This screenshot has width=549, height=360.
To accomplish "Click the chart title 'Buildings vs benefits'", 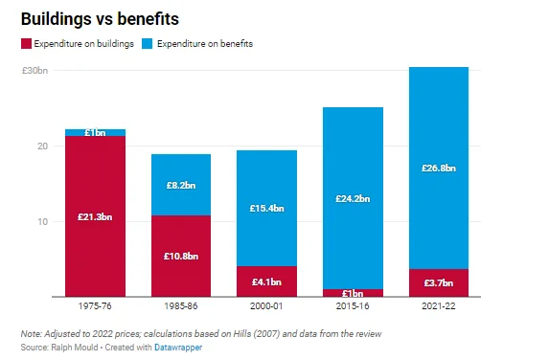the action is pyautogui.click(x=100, y=19).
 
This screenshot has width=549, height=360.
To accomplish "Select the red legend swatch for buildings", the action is pyautogui.click(x=26, y=44).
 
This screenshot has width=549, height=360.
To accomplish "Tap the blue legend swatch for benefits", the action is pyautogui.click(x=147, y=44).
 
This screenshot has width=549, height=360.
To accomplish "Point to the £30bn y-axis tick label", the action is pyautogui.click(x=34, y=71).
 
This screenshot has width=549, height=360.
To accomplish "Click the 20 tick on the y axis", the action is pyautogui.click(x=42, y=146).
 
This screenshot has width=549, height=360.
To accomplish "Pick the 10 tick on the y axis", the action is pyautogui.click(x=42, y=222).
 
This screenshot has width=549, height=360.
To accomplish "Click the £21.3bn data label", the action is pyautogui.click(x=95, y=217).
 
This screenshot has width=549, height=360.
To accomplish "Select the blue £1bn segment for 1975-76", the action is pyautogui.click(x=95, y=132).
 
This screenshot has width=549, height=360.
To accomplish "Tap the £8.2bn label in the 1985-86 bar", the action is pyautogui.click(x=181, y=185).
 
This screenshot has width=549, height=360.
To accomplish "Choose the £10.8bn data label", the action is pyautogui.click(x=181, y=256).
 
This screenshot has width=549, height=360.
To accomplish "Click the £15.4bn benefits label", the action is pyautogui.click(x=266, y=208).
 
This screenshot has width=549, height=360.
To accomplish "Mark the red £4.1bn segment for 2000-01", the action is pyautogui.click(x=266, y=281).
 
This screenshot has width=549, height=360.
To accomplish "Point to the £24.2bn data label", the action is pyautogui.click(x=353, y=199).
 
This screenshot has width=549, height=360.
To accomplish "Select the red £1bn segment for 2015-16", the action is pyautogui.click(x=353, y=293).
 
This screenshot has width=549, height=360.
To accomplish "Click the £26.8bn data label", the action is pyautogui.click(x=439, y=169).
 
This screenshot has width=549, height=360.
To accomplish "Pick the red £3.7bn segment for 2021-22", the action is pyautogui.click(x=439, y=283).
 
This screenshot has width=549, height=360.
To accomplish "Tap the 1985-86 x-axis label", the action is pyautogui.click(x=181, y=306).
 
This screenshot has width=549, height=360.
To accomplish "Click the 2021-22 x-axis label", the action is pyautogui.click(x=439, y=306).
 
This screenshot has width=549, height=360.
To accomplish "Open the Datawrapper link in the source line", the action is pyautogui.click(x=178, y=348).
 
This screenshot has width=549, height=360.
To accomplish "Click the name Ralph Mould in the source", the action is pyautogui.click(x=75, y=348).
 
